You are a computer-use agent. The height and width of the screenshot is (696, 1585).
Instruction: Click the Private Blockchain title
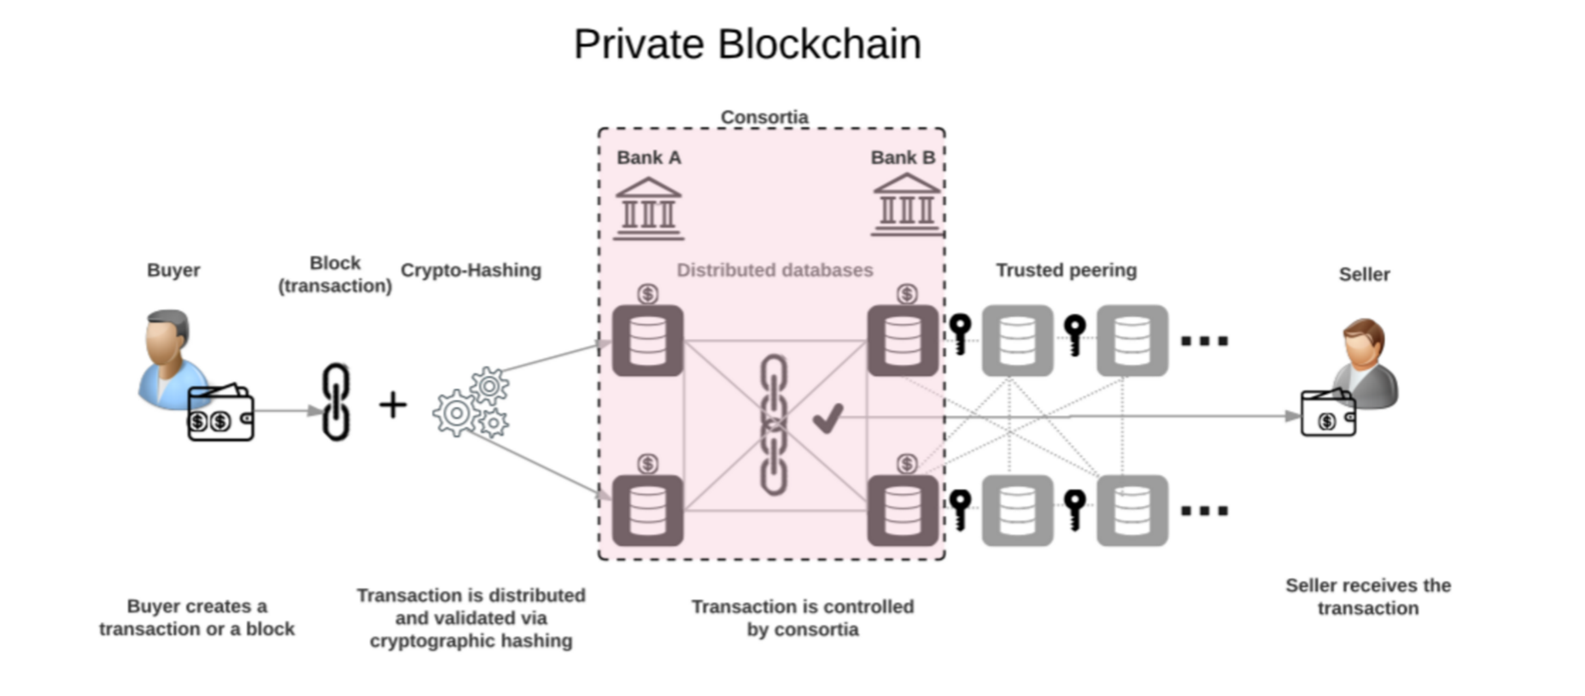[x=747, y=44]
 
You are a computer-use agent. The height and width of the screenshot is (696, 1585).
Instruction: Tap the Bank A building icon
[x=648, y=208]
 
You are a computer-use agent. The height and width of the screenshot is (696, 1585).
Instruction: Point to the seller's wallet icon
[x=1327, y=413]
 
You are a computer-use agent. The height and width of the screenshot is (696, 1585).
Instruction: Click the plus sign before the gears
[x=393, y=405]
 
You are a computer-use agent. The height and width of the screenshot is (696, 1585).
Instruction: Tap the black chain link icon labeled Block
[x=336, y=401]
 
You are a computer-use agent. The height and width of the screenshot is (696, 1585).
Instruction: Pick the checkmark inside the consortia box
[x=828, y=418]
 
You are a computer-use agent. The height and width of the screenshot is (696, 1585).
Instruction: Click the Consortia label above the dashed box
[x=764, y=117]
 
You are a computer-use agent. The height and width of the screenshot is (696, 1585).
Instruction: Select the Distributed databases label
[x=775, y=271]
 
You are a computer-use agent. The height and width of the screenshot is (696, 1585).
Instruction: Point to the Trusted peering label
[x=1066, y=271]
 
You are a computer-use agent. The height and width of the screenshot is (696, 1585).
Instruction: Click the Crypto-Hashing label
[x=471, y=271]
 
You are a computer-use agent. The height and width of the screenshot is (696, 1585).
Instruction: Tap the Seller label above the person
[x=1364, y=275]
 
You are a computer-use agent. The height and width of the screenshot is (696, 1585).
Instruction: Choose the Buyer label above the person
[x=173, y=271]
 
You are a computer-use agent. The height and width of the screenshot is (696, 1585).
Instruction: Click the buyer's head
[x=167, y=335]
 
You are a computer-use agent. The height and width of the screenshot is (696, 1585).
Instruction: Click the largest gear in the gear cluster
[x=456, y=413]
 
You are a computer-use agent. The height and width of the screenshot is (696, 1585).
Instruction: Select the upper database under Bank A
[x=647, y=341]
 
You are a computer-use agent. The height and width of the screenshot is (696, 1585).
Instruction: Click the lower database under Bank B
[x=903, y=511]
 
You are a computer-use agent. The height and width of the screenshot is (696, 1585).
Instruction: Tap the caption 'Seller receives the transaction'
[x=1367, y=597]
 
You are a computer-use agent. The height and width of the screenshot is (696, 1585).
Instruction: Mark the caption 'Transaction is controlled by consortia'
[x=802, y=618]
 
